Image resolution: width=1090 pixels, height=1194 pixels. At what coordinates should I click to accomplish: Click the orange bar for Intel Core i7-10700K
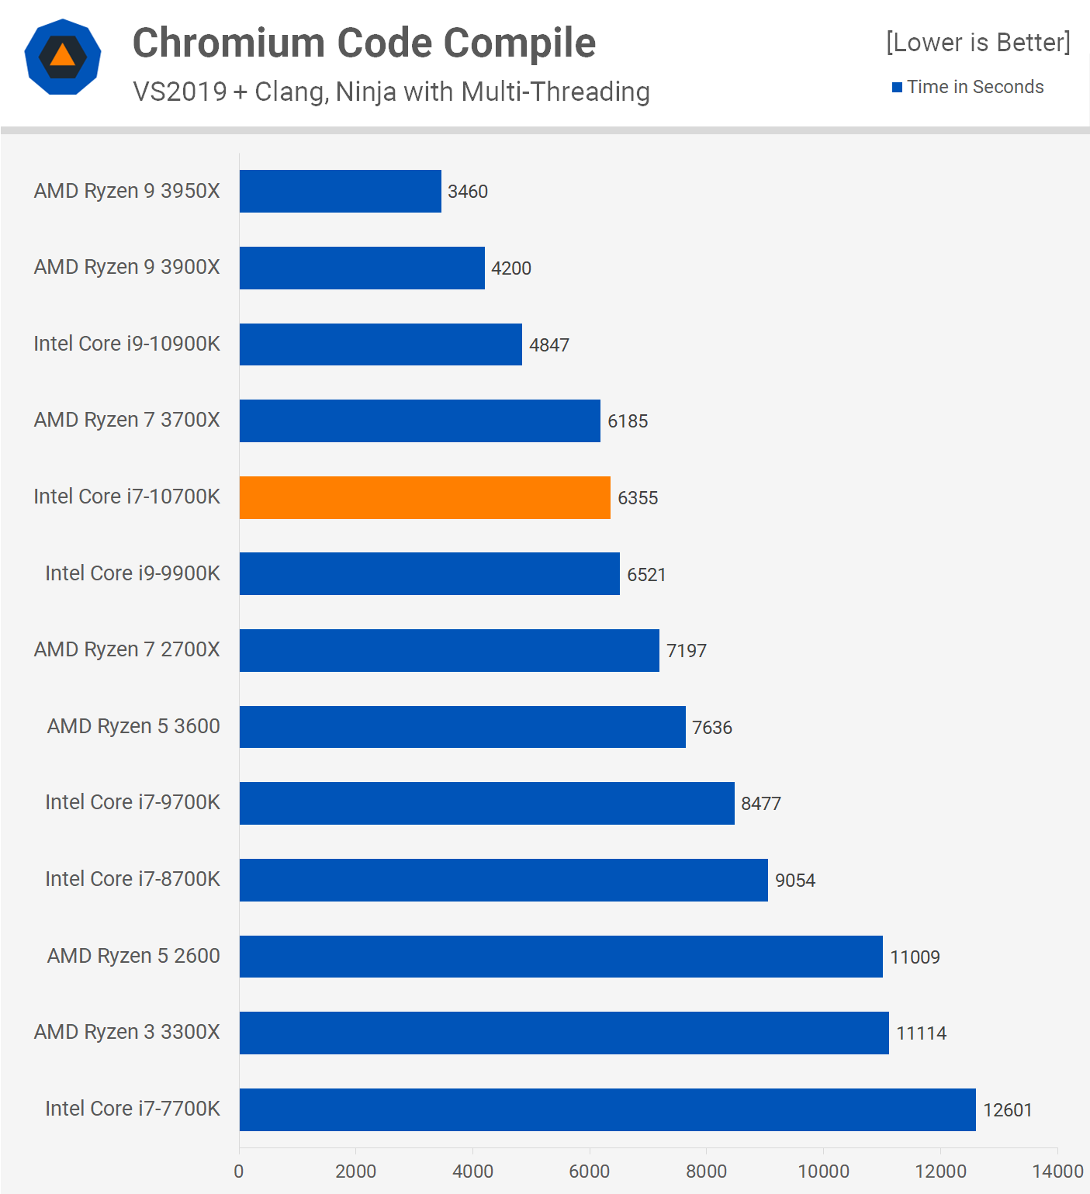tap(424, 497)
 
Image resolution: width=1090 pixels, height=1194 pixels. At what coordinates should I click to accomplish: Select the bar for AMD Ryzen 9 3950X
tap(340, 191)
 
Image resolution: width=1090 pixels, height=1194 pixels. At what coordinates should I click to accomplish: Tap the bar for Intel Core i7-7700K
tap(607, 1109)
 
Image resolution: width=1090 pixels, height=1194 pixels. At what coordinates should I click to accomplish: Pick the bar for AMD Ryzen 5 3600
tap(462, 727)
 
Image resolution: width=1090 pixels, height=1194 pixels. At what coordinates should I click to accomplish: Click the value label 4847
tap(549, 345)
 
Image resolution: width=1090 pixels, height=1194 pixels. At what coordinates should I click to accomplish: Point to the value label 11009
tap(915, 957)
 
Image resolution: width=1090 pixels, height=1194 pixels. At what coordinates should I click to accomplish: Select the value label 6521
tap(646, 575)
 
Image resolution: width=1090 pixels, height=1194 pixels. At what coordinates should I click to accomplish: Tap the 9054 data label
tap(795, 881)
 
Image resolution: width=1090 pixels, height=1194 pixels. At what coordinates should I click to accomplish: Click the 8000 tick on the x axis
tap(706, 1171)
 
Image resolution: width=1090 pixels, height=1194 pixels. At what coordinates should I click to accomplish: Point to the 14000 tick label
tap(1057, 1171)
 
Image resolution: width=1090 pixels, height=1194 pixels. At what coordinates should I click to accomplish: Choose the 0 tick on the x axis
tap(239, 1171)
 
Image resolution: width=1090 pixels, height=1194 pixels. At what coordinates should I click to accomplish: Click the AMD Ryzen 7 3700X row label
tap(127, 420)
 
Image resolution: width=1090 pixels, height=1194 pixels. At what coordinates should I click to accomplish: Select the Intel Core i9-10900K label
tap(127, 344)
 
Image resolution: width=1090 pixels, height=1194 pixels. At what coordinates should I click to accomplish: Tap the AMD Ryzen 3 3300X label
tap(127, 1032)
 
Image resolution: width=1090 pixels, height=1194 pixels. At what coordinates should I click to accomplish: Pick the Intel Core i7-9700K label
tap(133, 802)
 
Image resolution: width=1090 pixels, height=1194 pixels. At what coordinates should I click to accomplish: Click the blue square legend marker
tap(897, 88)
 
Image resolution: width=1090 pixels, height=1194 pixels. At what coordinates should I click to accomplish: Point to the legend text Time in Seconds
tap(975, 87)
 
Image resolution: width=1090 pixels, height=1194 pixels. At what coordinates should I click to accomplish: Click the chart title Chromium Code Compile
tap(364, 43)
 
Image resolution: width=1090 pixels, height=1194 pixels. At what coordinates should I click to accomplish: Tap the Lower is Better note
tap(978, 42)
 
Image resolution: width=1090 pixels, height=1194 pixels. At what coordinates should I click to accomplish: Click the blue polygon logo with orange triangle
tap(63, 57)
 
